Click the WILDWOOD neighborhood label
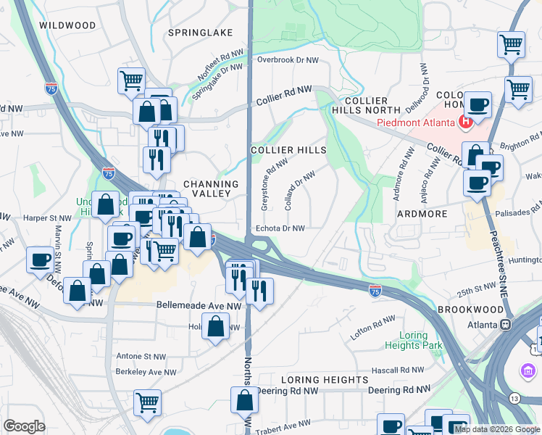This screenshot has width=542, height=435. coord(67,25)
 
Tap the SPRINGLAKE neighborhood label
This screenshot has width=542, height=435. coord(200,33)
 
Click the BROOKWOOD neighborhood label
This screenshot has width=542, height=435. coord(470,309)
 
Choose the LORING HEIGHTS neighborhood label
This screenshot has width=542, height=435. coord(324,379)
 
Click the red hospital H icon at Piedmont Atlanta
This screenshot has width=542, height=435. coord(466,122)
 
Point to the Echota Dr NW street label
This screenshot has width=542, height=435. coord(279,228)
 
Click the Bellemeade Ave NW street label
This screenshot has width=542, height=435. coord(199,306)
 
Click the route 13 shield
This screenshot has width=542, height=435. coord(514,398)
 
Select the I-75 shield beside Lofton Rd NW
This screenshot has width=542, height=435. coord(375,291)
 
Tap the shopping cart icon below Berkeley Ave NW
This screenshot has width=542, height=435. coord(148,402)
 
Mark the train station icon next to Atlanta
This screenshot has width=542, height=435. coord(507,324)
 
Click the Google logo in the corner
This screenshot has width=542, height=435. coord(25,426)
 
